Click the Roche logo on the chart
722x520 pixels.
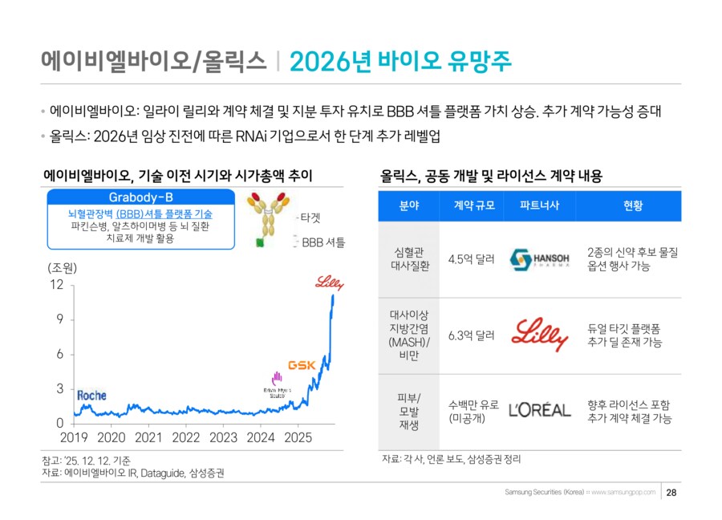[91, 396]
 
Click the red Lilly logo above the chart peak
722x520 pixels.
[328, 282]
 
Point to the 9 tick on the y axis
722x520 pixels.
[59, 319]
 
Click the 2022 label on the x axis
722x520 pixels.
[186, 438]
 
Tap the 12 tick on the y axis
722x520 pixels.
[56, 285]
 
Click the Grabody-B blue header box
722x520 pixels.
[140, 198]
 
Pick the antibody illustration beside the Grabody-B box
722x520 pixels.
[270, 220]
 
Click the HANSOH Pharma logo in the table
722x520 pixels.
[540, 258]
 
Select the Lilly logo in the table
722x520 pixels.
[540, 335]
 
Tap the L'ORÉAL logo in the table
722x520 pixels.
[540, 410]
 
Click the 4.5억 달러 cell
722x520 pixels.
[471, 258]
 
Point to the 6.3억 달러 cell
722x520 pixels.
[471, 335]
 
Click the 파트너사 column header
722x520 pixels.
[539, 206]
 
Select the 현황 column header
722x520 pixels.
[633, 206]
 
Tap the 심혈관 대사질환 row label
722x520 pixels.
[409, 258]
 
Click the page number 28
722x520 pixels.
[671, 492]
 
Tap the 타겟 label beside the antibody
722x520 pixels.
[310, 217]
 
